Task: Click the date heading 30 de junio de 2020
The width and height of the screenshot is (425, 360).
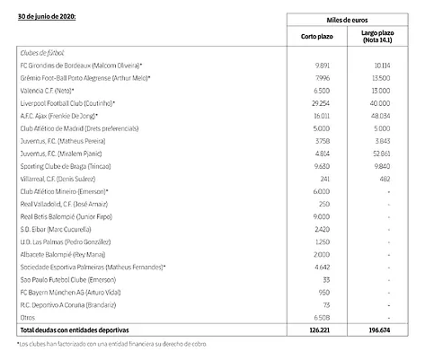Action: coord(47,17)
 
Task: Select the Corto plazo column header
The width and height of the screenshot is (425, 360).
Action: coord(316,37)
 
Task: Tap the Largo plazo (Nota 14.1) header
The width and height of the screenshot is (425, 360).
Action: coord(378,37)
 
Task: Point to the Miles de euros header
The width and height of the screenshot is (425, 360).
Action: coord(347,20)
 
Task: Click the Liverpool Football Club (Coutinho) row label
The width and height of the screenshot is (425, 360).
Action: coord(68,103)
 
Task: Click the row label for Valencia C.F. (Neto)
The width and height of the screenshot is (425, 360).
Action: coord(47,90)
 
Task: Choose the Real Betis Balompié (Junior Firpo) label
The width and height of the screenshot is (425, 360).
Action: coord(66,216)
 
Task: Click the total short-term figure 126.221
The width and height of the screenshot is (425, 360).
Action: coord(320,330)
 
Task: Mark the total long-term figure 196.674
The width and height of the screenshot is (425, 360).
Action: coord(379,330)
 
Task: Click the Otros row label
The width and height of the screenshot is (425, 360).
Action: coord(28,318)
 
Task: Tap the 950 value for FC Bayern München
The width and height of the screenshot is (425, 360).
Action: coord(324,292)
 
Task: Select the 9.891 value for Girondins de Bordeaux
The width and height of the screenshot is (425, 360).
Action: coord(322,65)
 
